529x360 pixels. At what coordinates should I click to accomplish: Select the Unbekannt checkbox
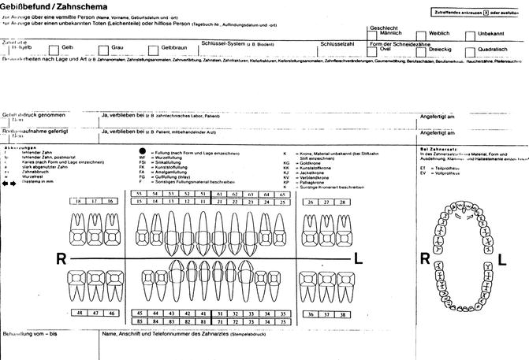(x=470, y=36)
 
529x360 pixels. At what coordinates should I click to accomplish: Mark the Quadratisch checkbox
(x=470, y=51)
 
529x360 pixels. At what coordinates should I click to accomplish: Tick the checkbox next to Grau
(x=104, y=50)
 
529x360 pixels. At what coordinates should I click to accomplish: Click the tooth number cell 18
(x=78, y=202)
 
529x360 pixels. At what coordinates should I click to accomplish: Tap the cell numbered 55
(x=138, y=193)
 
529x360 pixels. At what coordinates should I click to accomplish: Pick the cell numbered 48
(x=78, y=313)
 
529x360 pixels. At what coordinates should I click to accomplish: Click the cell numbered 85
(x=138, y=321)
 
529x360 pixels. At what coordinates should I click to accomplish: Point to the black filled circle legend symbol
(x=143, y=150)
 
